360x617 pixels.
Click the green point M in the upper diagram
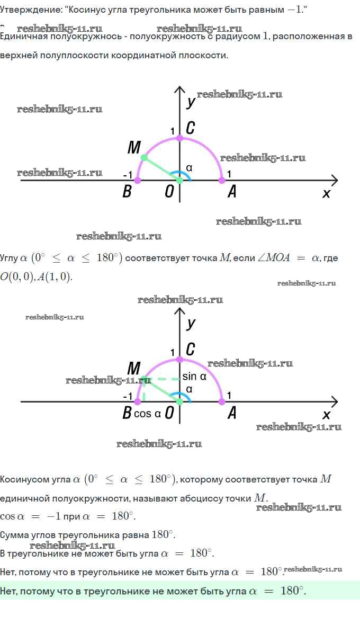tap(143, 158)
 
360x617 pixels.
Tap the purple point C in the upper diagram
tap(179, 138)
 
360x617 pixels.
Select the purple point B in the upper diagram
tap(138, 181)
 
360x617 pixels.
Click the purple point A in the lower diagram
tap(222, 402)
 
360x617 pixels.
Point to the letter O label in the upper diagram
tap(169, 192)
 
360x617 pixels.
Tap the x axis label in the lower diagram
tap(326, 415)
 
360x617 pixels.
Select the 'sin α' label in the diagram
tap(194, 377)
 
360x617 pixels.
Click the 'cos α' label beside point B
tap(147, 414)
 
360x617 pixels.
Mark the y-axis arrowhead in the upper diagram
tap(179, 90)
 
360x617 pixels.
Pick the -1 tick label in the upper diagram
tap(127, 174)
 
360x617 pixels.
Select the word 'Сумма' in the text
tap(14, 535)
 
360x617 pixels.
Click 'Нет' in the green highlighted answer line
tap(8, 591)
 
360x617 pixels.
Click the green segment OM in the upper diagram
tap(161, 169)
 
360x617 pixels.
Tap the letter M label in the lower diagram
tap(134, 368)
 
